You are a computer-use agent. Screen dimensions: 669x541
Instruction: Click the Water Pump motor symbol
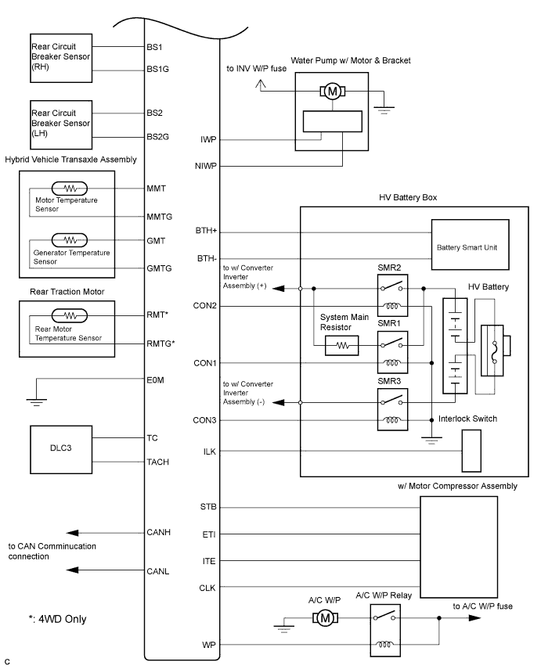coord(333,92)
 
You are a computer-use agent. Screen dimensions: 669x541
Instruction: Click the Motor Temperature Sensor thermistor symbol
coord(70,189)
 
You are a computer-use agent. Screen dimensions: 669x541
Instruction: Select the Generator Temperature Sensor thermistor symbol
coord(70,240)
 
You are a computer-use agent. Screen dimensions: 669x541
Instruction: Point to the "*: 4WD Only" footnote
coord(56,619)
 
